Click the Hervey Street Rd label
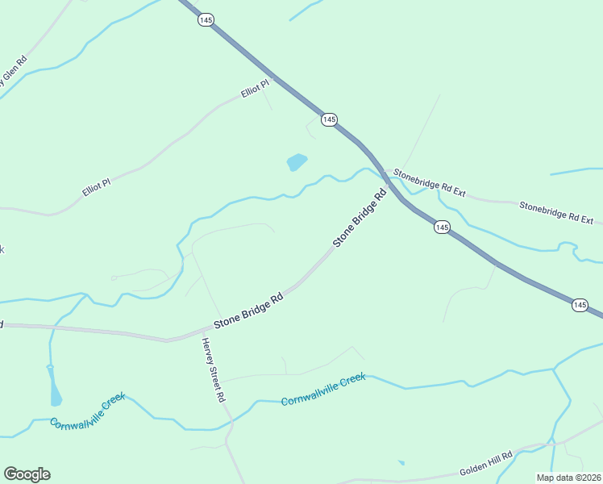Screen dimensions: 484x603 pyautogui.click(x=213, y=370)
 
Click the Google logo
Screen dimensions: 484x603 pyautogui.click(x=27, y=474)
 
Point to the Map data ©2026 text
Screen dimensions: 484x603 pyautogui.click(x=568, y=478)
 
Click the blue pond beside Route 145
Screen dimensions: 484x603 pyautogui.click(x=297, y=162)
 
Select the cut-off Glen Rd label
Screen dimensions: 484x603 pyautogui.click(x=14, y=72)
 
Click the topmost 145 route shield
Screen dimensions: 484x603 pyautogui.click(x=206, y=20)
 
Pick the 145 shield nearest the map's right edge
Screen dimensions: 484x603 pyautogui.click(x=580, y=304)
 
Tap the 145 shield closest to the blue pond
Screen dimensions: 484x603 pyautogui.click(x=328, y=119)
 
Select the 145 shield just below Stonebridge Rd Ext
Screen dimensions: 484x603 pyautogui.click(x=441, y=227)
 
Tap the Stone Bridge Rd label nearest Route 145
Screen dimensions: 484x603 pyautogui.click(x=360, y=217)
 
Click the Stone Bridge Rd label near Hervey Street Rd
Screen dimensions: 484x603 pyautogui.click(x=248, y=311)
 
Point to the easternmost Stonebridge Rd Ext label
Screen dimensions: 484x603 pyautogui.click(x=555, y=212)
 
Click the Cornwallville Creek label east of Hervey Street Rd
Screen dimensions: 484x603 pyautogui.click(x=322, y=389)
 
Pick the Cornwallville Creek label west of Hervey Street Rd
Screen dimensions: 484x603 pyautogui.click(x=87, y=411)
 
